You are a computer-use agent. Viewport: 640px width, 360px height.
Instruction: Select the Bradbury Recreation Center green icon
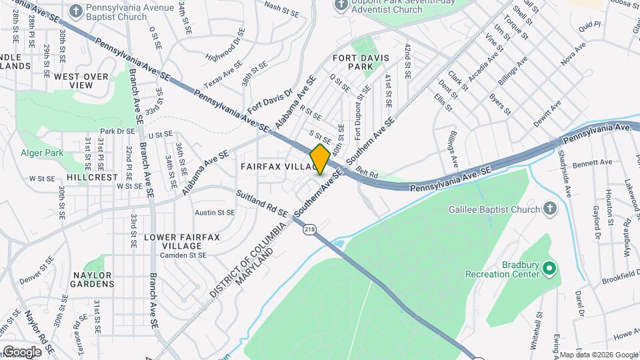click(549, 269)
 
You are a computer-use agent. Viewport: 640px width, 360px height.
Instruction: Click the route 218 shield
click(309, 229)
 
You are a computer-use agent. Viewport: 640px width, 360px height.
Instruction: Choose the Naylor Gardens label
click(92, 279)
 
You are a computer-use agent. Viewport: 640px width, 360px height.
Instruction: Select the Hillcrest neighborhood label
click(92, 178)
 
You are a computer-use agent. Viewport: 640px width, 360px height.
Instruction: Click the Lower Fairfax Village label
click(181, 241)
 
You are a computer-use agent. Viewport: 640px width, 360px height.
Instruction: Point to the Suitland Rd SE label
click(263, 205)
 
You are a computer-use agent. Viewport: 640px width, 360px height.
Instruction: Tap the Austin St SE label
click(215, 213)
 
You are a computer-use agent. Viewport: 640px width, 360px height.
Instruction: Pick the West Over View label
click(81, 81)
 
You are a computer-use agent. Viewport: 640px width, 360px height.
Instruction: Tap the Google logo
click(22, 351)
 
